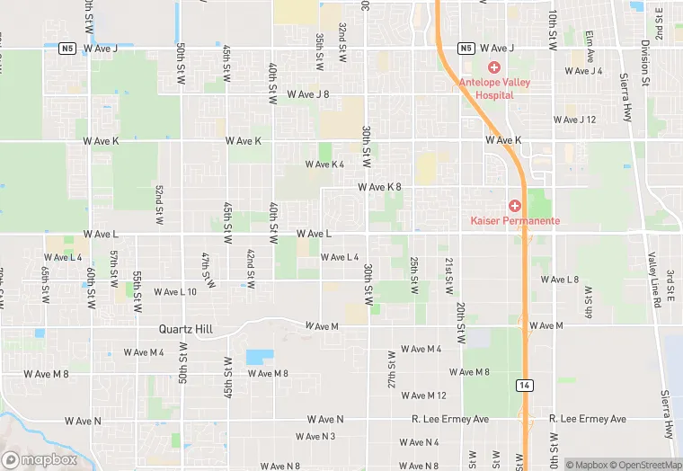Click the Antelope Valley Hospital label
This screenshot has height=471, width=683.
pos(492,87)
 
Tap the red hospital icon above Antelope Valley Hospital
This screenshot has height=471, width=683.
pos(492,67)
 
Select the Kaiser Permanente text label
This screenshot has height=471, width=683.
pos(515,220)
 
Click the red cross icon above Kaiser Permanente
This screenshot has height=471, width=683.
pos(515,206)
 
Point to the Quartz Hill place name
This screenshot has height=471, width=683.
pos(185,330)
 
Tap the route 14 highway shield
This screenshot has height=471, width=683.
pos(523,384)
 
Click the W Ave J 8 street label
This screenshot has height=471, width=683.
pos(308,93)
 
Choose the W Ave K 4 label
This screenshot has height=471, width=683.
pos(324,164)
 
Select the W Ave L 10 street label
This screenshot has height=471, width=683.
pos(174,291)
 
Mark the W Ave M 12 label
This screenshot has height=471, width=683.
pos(424,395)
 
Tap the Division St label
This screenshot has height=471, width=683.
pos(645,60)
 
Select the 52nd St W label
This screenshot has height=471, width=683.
pos(158,205)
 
